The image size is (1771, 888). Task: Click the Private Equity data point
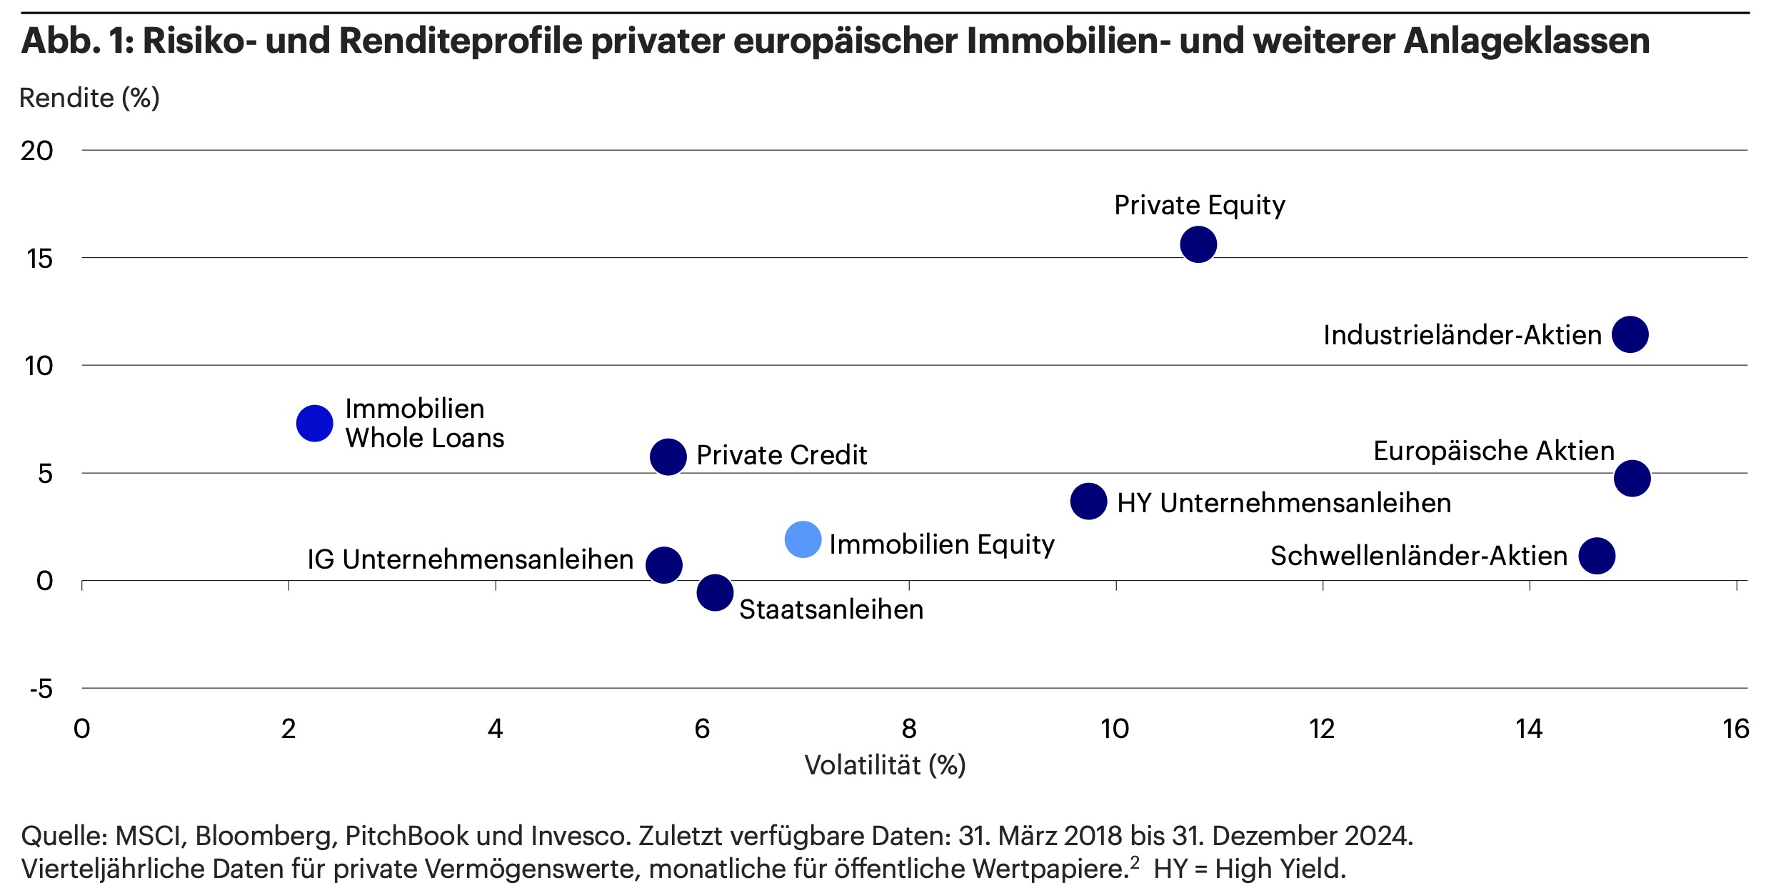click(x=1198, y=244)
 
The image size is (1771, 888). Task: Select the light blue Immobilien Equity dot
click(x=803, y=539)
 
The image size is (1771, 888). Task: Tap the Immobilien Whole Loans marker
click(x=314, y=424)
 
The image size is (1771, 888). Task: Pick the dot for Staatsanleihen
click(x=715, y=592)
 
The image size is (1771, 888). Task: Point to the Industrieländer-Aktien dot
click(x=1630, y=334)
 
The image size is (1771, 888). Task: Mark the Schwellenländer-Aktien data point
click(x=1597, y=556)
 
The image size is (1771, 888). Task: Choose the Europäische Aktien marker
click(x=1632, y=478)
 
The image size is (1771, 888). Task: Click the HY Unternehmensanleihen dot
click(x=1088, y=501)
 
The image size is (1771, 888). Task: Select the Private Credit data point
click(x=668, y=457)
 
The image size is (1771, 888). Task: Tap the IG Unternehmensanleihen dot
click(x=663, y=565)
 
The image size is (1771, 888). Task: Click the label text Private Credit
click(x=781, y=455)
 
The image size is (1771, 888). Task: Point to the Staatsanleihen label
click(x=831, y=609)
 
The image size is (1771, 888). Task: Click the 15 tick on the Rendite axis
click(x=40, y=259)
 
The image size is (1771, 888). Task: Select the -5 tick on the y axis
click(x=41, y=689)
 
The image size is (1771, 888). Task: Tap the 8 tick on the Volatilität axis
click(x=908, y=729)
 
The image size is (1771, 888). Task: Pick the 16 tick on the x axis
click(x=1735, y=729)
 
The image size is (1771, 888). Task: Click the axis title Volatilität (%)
click(x=885, y=765)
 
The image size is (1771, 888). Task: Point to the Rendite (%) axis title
click(x=89, y=98)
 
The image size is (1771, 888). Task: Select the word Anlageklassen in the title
click(x=1527, y=41)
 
